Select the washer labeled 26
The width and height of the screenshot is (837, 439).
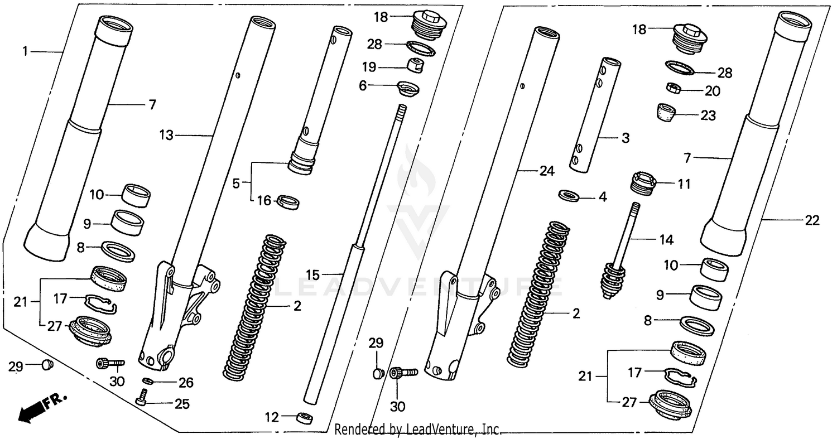(x=147, y=380)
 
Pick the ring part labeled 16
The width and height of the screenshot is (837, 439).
(x=288, y=201)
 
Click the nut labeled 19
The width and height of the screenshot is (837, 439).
(x=415, y=65)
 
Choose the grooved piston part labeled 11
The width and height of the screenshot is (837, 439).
(x=643, y=184)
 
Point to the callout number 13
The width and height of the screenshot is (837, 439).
(x=166, y=136)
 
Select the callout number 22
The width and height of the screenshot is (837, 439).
(x=812, y=220)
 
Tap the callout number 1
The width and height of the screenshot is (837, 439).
(x=25, y=51)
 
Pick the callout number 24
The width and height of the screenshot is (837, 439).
(x=547, y=172)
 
